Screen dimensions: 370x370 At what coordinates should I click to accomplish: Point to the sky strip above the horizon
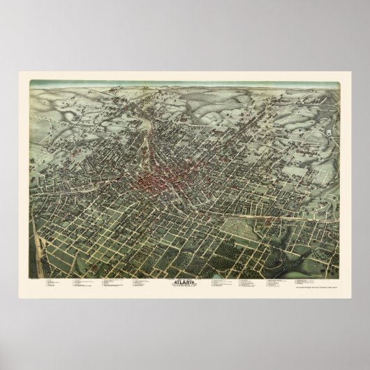tap(185, 84)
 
